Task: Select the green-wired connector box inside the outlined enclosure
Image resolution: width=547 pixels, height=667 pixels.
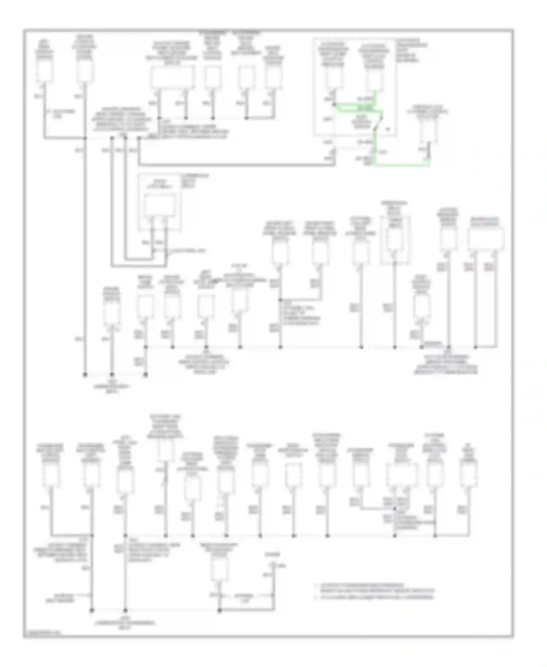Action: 375,78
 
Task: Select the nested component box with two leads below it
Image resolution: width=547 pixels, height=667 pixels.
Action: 160,207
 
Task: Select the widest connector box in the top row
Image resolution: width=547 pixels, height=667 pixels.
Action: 172,77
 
